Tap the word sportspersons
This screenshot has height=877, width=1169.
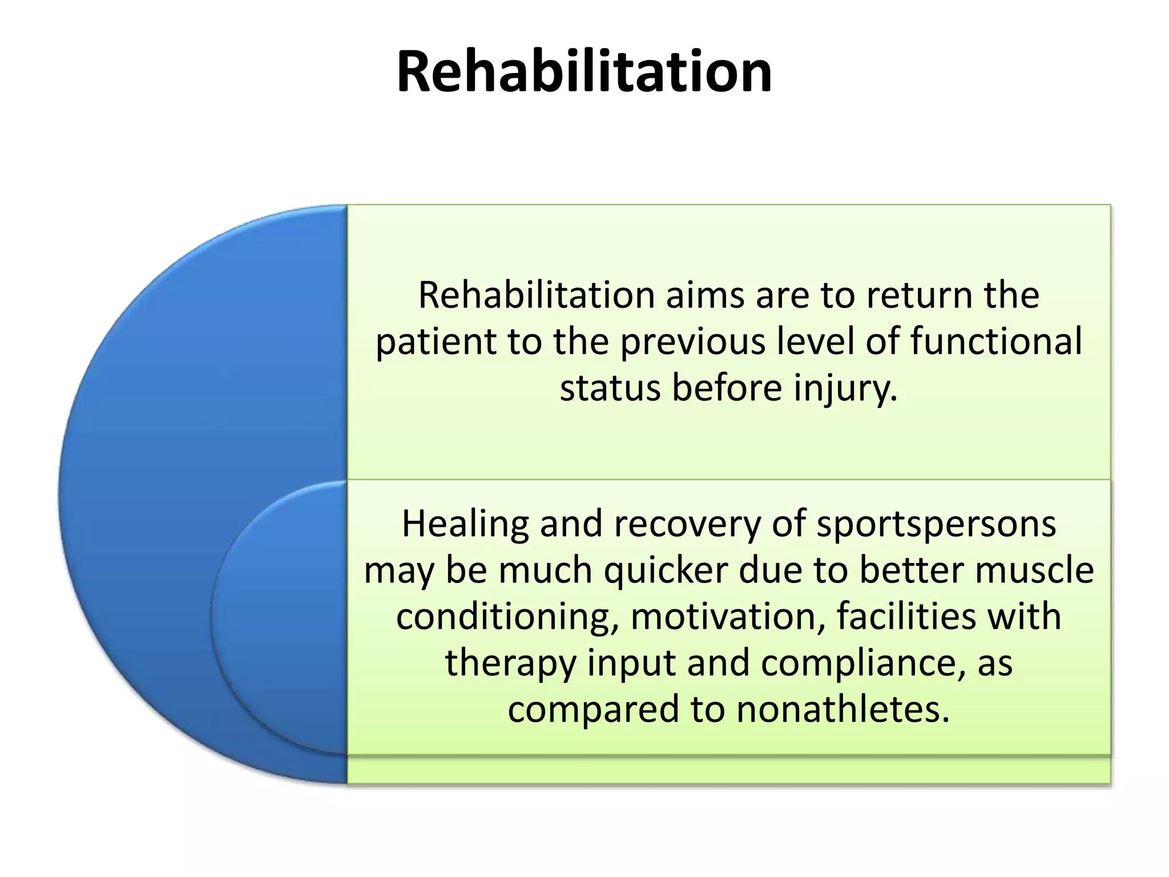tap(936, 524)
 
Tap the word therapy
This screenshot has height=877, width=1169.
tap(510, 663)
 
